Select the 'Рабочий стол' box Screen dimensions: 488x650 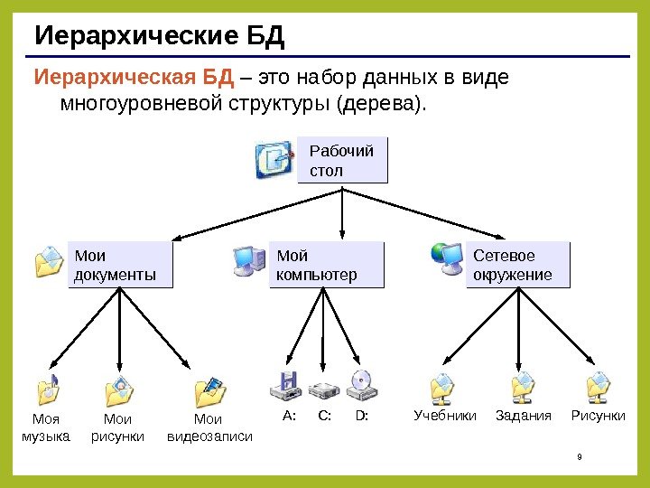[342, 160]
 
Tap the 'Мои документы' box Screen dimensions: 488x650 [120, 265]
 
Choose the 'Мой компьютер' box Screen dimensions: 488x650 [326, 265]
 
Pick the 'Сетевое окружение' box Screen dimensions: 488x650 [519, 265]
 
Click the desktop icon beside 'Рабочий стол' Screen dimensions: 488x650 [274, 159]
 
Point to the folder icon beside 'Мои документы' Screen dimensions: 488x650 [48, 263]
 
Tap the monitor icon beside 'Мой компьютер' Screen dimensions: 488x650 [248, 260]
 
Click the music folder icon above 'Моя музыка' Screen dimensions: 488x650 [48, 389]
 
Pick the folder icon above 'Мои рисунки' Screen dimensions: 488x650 [119, 389]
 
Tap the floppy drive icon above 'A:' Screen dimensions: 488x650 [287, 387]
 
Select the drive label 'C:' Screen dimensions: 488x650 [325, 416]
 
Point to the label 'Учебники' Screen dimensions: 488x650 [444, 416]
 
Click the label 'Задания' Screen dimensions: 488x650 [523, 416]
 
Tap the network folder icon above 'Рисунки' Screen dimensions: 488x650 [599, 388]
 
